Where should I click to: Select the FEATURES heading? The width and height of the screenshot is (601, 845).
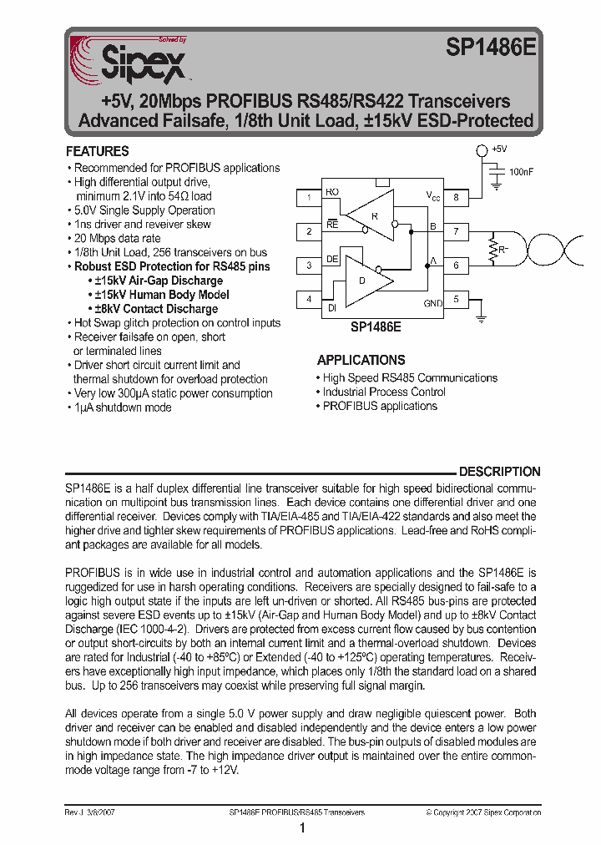[x=98, y=151]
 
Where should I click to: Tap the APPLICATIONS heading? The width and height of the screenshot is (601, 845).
[x=361, y=360]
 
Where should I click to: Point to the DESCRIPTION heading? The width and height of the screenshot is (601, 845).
[x=499, y=472]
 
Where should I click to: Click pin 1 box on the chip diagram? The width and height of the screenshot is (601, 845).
[x=310, y=198]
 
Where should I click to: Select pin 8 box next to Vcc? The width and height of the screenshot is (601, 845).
[x=456, y=198]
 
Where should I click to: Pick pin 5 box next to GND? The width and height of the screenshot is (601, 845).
[x=456, y=299]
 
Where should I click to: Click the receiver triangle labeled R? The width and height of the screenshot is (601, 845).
[x=371, y=214]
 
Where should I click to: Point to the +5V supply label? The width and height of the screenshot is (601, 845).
[x=499, y=149]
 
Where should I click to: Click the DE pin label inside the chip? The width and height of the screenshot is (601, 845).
[x=331, y=260]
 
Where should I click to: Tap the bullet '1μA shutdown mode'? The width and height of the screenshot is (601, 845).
[x=123, y=407]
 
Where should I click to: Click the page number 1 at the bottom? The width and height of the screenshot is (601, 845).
[x=301, y=828]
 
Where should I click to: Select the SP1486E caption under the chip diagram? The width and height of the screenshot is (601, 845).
[x=376, y=328]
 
